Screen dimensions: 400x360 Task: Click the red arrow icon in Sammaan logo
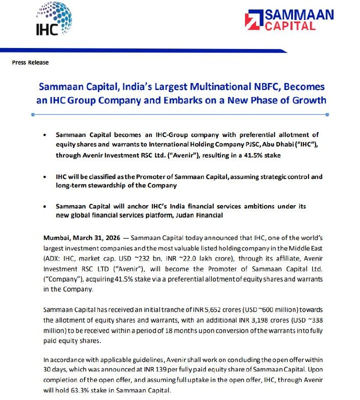click(251, 20)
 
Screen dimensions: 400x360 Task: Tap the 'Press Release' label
click(30, 62)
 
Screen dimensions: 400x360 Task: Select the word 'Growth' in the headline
click(308, 100)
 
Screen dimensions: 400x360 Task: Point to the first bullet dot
click(46, 135)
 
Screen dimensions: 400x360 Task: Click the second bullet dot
click(46, 177)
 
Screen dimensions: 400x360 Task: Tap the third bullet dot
click(46, 206)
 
